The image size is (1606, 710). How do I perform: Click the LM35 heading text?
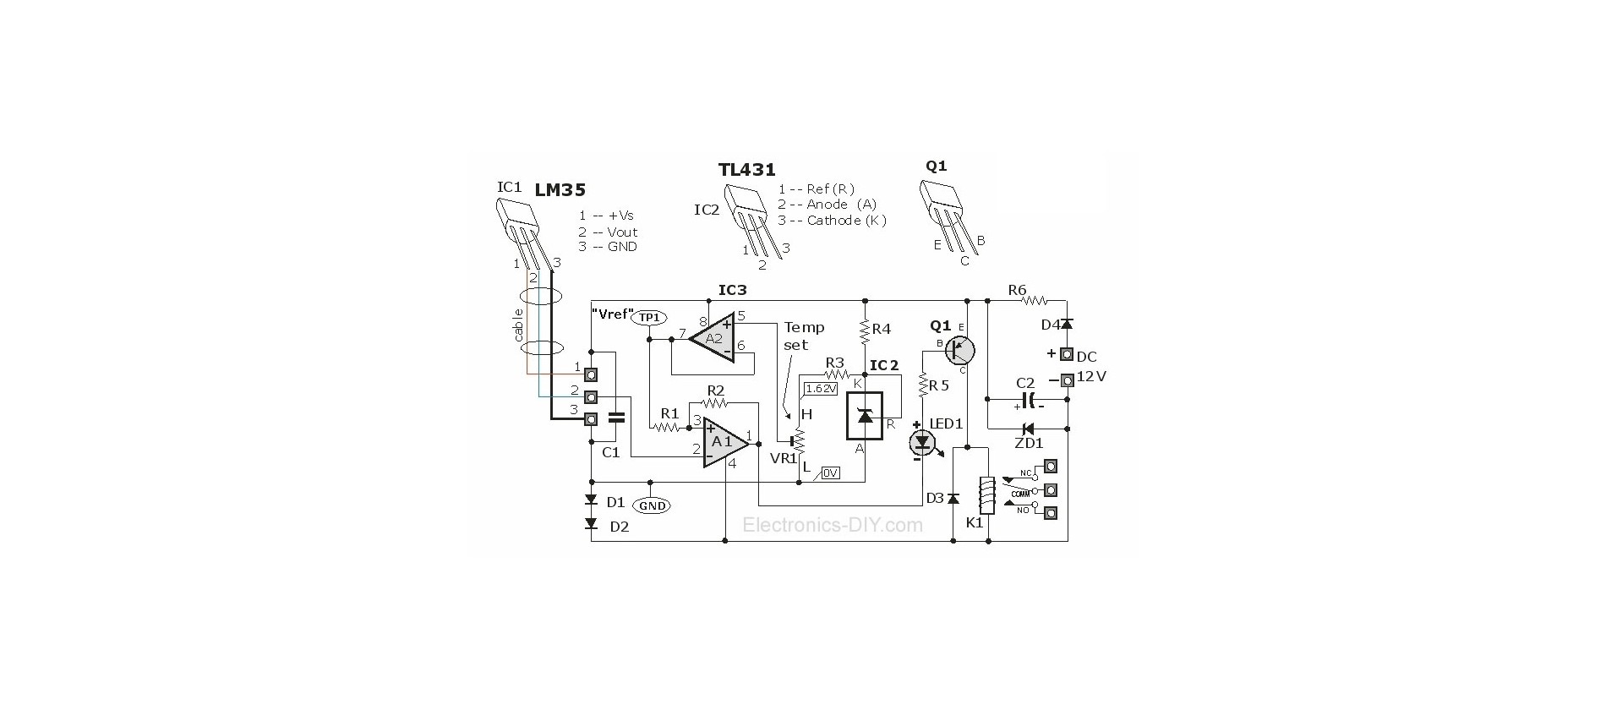560,190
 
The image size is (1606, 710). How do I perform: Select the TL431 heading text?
746,170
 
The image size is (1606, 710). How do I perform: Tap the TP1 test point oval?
649,317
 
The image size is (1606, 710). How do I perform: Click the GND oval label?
653,505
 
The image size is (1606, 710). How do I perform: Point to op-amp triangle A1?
724,442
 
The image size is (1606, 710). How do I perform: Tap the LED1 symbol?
921,442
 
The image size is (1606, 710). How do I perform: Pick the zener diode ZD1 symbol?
1028,429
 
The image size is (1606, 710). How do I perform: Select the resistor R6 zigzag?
1036,300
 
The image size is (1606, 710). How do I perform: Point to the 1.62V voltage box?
821,389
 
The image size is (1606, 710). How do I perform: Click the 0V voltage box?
830,473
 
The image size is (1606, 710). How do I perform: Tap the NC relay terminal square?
1052,466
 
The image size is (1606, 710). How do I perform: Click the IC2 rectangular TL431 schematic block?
865,416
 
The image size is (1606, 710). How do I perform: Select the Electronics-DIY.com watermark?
833,525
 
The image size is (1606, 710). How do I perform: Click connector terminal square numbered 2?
592,396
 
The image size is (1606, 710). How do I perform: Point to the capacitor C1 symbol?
617,416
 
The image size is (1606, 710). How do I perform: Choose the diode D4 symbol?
1067,325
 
